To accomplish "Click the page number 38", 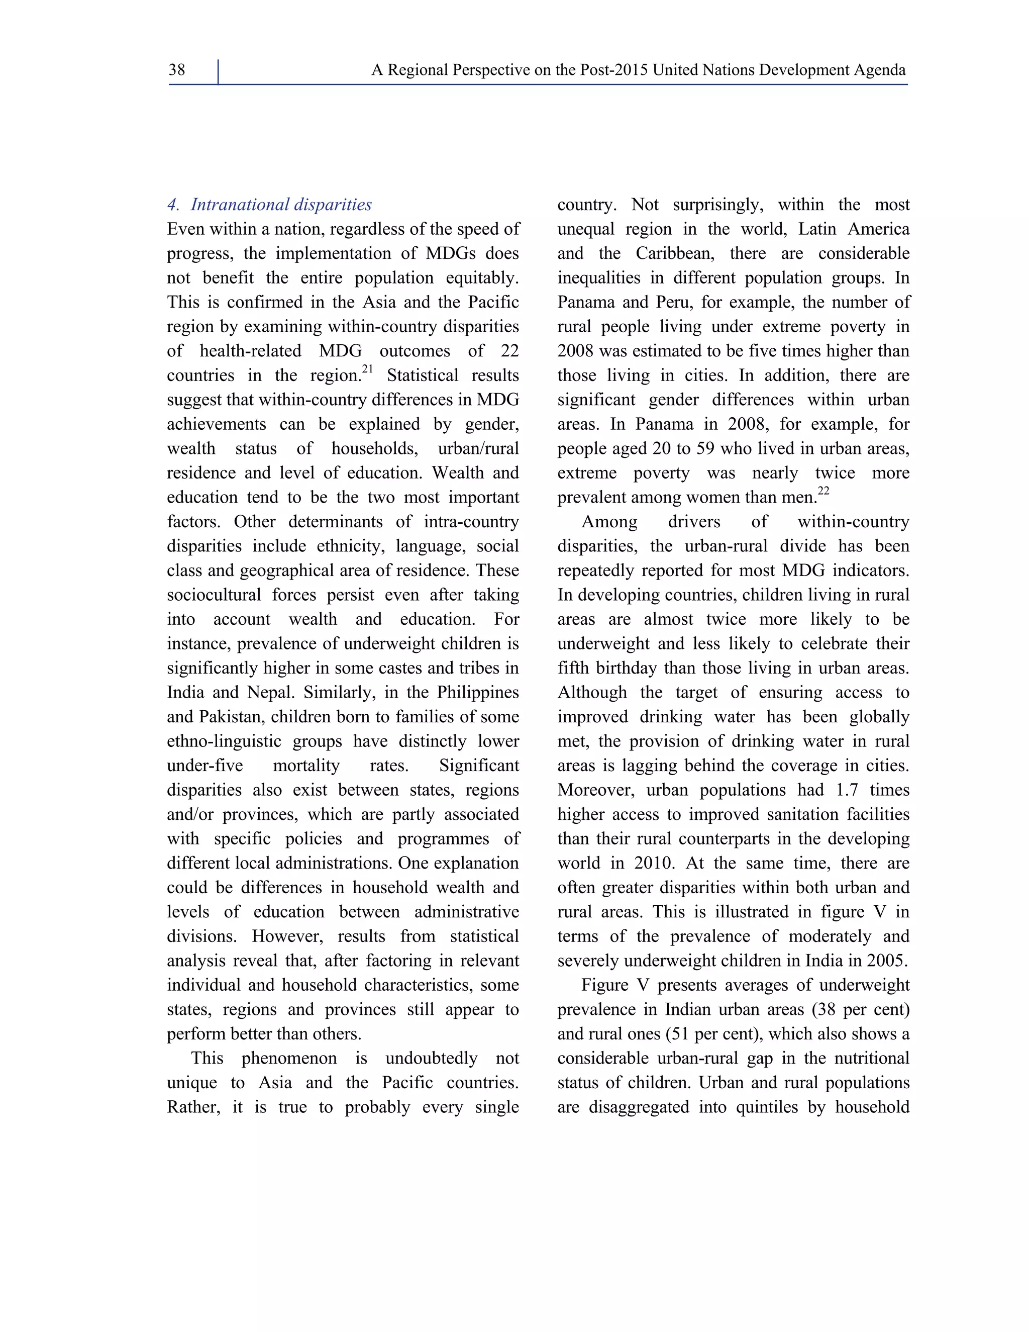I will click(177, 70).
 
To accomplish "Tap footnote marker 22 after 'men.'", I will click(823, 492).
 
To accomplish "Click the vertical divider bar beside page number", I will click(218, 72).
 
